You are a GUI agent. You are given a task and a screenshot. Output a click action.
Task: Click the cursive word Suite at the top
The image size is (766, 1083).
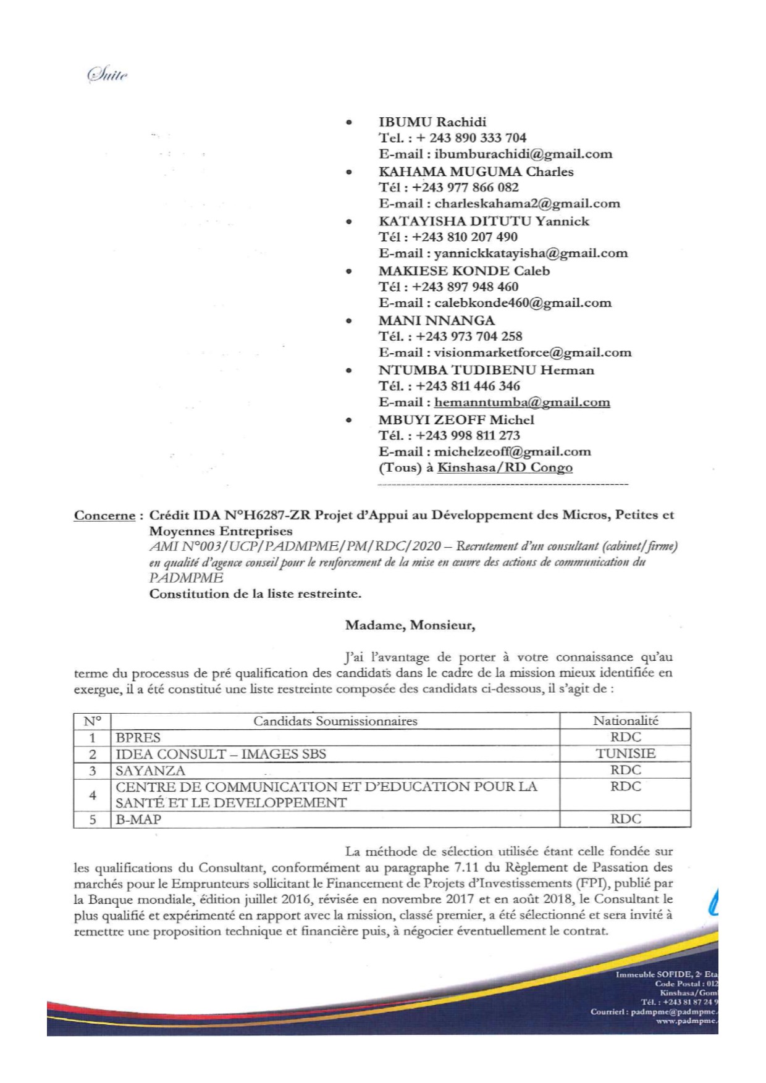(108, 75)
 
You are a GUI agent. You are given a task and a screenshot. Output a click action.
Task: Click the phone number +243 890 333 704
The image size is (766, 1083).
(470, 138)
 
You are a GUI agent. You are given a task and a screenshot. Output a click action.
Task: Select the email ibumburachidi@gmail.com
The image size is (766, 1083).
(523, 154)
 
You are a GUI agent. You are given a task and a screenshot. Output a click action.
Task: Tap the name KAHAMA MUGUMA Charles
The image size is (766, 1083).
(476, 172)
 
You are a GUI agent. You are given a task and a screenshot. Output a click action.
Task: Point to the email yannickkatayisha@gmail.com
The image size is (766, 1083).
(531, 253)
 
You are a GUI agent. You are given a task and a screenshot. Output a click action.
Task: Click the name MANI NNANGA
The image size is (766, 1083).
(436, 320)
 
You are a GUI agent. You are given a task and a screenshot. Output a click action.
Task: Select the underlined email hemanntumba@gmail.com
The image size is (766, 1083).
(522, 403)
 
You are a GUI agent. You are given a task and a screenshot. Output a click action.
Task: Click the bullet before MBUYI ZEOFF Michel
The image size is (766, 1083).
(349, 420)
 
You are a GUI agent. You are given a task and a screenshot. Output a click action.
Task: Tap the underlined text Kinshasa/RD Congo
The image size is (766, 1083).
(505, 467)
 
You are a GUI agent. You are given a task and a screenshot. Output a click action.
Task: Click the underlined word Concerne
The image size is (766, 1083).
(104, 516)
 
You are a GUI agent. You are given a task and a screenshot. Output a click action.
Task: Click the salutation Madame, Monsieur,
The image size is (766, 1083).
(410, 625)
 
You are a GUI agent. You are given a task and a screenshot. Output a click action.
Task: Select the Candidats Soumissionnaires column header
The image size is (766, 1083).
(335, 721)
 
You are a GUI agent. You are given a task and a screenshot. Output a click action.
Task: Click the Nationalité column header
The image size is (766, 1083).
(625, 721)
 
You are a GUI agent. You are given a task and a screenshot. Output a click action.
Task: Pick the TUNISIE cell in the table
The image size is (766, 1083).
(625, 754)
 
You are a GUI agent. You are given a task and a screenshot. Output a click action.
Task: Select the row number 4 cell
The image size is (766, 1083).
(93, 795)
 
